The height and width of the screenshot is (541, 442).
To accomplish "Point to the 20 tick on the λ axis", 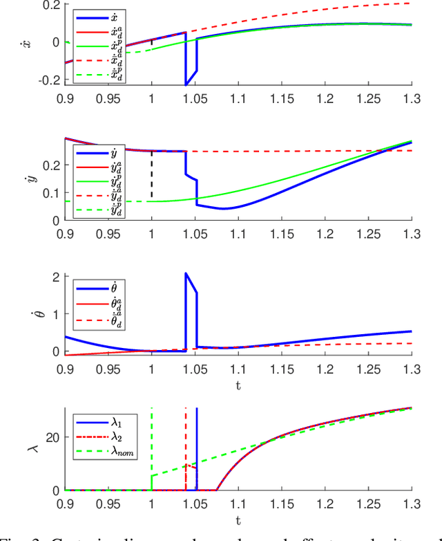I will tap(50, 437).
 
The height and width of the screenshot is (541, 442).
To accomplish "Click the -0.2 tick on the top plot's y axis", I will tap(47, 80).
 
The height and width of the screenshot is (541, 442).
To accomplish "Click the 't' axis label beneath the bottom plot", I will tap(238, 518).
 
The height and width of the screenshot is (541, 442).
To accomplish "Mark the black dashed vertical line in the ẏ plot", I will tap(152, 176).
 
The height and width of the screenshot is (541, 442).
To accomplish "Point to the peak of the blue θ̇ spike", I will tap(186, 273).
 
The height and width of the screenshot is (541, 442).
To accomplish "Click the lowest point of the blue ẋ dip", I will tap(186, 84).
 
